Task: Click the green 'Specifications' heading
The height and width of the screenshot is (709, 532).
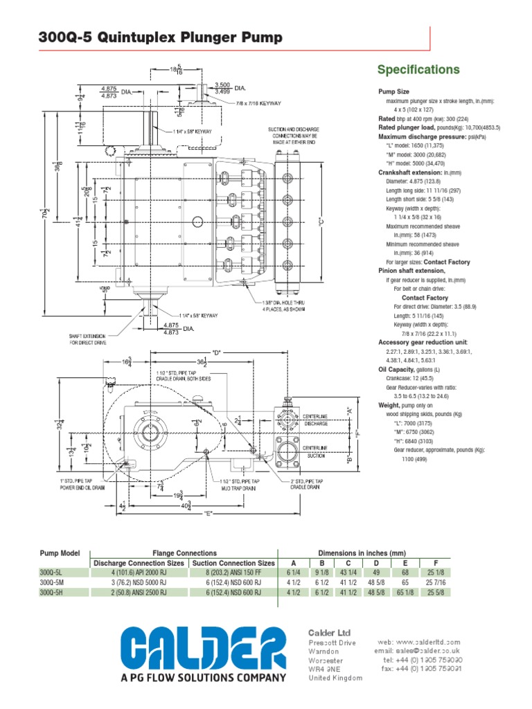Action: point(418,70)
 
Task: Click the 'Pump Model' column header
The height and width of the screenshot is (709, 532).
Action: point(60,553)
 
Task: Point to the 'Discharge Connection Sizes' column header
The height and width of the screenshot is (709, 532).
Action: point(138,563)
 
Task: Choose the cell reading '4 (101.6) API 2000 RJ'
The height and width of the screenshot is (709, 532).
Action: point(138,573)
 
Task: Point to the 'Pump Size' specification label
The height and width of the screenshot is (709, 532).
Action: point(393,91)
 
